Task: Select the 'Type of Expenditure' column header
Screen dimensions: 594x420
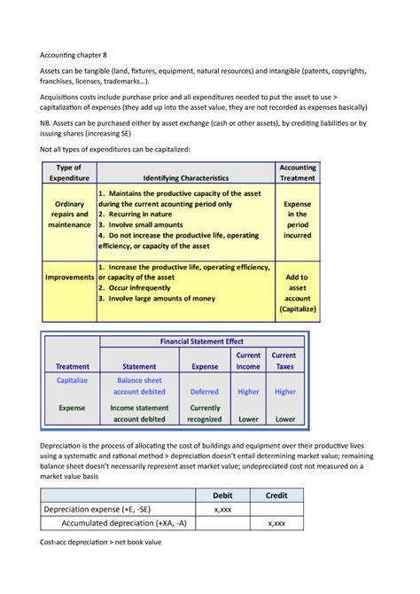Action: pyautogui.click(x=69, y=172)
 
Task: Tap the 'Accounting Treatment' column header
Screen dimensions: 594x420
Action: pyautogui.click(x=298, y=172)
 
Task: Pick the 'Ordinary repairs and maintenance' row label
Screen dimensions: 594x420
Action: pyautogui.click(x=69, y=214)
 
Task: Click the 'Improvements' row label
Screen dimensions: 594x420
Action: pyautogui.click(x=70, y=277)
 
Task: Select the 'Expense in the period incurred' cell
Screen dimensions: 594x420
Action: pyautogui.click(x=298, y=219)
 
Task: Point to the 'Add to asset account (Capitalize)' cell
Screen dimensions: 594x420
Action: pyautogui.click(x=298, y=293)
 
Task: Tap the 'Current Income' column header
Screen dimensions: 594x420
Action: pyautogui.click(x=248, y=360)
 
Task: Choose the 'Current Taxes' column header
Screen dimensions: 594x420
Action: pyautogui.click(x=284, y=360)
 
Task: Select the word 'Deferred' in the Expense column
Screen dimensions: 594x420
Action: pyautogui.click(x=204, y=391)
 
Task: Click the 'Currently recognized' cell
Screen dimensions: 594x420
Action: pyautogui.click(x=204, y=413)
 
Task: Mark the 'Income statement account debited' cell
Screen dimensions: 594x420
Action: pyautogui.click(x=140, y=413)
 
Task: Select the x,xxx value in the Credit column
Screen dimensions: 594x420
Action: pyautogui.click(x=276, y=524)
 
